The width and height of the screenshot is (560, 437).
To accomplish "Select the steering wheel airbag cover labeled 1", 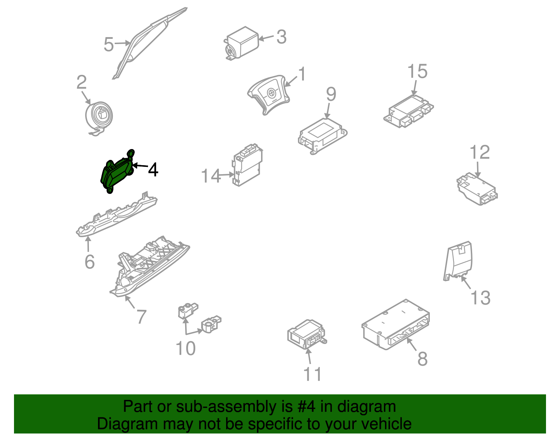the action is click(x=268, y=94).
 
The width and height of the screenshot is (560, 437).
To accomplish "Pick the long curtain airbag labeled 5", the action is click(x=149, y=42).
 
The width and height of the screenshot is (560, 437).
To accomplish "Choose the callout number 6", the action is click(x=89, y=262).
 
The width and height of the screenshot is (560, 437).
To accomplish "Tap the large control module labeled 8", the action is click(x=395, y=325).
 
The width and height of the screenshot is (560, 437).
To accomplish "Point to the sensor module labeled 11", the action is click(x=307, y=334).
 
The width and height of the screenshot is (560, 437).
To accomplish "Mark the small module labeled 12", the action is click(x=477, y=189).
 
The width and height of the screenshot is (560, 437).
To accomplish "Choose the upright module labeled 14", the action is click(x=247, y=165).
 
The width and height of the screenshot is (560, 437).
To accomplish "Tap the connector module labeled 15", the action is click(x=408, y=111).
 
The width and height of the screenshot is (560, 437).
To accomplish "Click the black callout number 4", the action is click(x=153, y=170).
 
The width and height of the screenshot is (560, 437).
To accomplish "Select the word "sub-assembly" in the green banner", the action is click(x=234, y=407).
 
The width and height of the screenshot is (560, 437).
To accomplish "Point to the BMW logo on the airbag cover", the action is click(x=271, y=93).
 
